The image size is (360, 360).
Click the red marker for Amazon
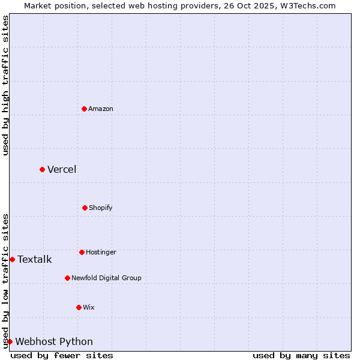click(85, 109)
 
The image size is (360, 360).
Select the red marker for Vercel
click(42, 169)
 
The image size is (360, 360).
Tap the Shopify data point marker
click(85, 208)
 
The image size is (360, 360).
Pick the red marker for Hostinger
click(82, 252)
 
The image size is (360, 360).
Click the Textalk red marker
click(12, 259)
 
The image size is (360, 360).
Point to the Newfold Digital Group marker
click(67, 278)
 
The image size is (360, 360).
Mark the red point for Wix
click(79, 307)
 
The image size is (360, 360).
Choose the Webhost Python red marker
click(10, 341)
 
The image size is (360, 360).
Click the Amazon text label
click(101, 109)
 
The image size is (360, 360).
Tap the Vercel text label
click(62, 169)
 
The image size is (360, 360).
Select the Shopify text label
click(101, 208)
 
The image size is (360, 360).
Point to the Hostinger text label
click(101, 252)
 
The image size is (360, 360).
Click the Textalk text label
click(35, 259)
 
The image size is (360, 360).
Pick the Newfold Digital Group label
click(106, 278)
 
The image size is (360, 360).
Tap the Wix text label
click(89, 307)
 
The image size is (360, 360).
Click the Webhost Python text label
click(54, 341)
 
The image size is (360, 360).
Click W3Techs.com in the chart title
click(307, 5)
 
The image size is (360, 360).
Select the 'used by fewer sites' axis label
click(62, 355)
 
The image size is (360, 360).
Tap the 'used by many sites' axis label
click(301, 355)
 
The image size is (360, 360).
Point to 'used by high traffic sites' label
click(5, 85)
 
